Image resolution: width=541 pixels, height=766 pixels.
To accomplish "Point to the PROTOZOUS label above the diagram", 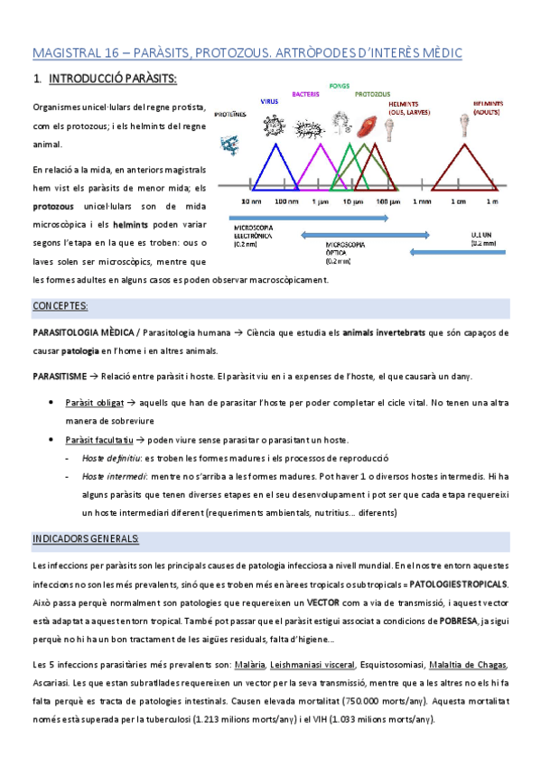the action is [x=372, y=93].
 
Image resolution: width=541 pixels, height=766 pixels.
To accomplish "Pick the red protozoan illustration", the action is [x=368, y=126].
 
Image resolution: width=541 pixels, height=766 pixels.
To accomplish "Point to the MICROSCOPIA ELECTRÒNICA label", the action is [x=251, y=234].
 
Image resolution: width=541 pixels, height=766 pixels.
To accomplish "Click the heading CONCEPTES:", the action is [x=60, y=305].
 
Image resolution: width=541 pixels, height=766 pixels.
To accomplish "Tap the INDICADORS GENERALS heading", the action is [x=85, y=538].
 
